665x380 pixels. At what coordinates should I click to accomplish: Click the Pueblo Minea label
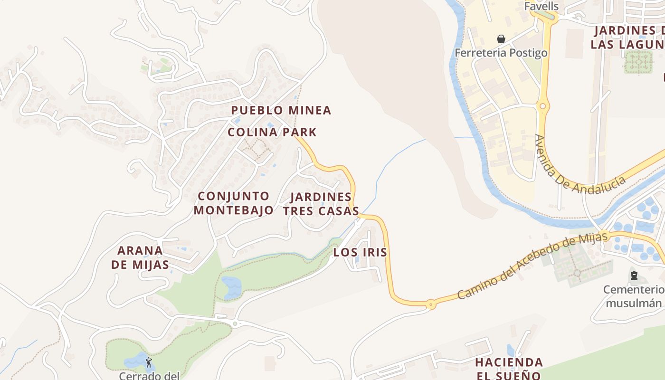(x=281, y=110)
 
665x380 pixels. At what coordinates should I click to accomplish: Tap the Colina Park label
(x=272, y=132)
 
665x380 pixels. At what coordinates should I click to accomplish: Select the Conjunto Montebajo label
(x=234, y=203)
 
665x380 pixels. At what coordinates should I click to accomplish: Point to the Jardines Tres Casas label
(x=321, y=204)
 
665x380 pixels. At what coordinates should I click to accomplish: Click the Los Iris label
(x=360, y=252)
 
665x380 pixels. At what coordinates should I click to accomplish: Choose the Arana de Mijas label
(x=140, y=257)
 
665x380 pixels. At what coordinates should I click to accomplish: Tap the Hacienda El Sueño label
(x=509, y=369)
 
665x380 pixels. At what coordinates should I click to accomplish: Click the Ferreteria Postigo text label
(x=501, y=53)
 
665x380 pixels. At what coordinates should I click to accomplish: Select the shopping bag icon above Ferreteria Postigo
(x=501, y=38)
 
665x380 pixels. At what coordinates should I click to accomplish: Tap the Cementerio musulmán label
(x=634, y=296)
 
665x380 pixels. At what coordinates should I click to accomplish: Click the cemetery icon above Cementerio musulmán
(x=634, y=275)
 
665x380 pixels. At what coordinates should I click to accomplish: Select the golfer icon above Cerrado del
(x=149, y=362)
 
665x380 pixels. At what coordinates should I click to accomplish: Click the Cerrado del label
(x=149, y=375)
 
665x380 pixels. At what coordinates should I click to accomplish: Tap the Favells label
(x=541, y=6)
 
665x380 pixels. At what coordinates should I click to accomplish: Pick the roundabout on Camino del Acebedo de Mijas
(x=430, y=304)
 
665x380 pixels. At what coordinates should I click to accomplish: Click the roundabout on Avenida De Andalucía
(x=542, y=106)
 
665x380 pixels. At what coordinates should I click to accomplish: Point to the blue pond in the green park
(x=232, y=286)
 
